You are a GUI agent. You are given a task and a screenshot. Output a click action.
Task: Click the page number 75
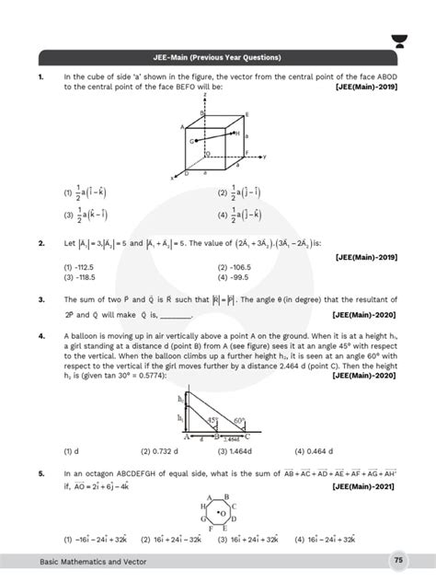click(x=397, y=560)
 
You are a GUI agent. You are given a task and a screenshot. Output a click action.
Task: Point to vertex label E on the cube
click(x=245, y=114)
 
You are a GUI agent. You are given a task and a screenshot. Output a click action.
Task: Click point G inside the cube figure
click(x=192, y=142)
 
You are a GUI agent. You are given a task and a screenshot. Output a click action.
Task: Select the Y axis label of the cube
click(x=265, y=157)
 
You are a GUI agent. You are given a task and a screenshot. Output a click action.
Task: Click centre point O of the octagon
click(x=219, y=512)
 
